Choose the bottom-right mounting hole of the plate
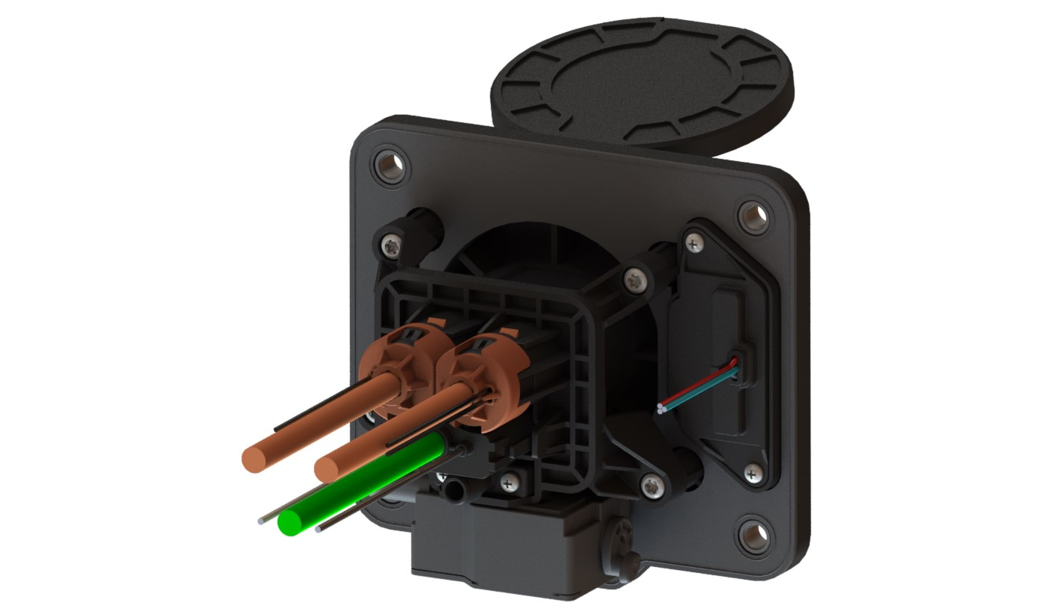tap(754, 535)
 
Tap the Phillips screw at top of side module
tap(695, 242)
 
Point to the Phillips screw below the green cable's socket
tap(509, 483)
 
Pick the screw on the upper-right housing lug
tap(634, 280)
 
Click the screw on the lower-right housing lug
tap(652, 487)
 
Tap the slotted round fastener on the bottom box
tap(622, 536)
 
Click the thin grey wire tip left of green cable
tap(260, 521)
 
